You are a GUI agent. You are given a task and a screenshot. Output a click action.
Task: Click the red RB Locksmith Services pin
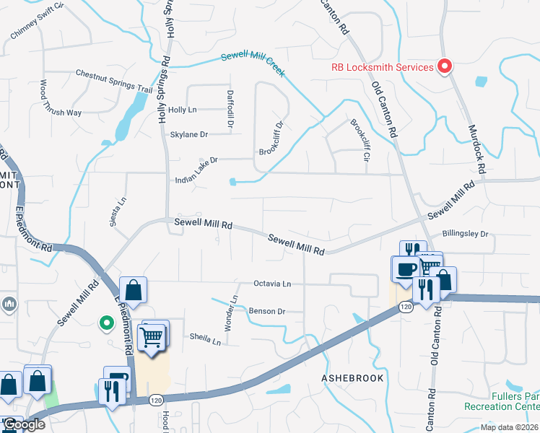pos(445,67)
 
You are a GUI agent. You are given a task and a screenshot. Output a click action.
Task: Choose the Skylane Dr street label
pos(188,134)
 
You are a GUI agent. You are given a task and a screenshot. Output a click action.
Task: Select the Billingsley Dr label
pos(465,234)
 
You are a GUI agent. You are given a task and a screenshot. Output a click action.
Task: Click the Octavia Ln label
pos(271,284)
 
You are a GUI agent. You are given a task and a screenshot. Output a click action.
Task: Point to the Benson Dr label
pos(267,311)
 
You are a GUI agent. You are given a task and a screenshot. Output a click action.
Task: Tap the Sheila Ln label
pos(205,337)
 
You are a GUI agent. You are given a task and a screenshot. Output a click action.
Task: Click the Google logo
pos(23,424)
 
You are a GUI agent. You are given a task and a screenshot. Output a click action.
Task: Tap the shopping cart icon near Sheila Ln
pos(152,336)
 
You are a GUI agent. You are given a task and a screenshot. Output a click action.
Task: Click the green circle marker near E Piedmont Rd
pos(106,323)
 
